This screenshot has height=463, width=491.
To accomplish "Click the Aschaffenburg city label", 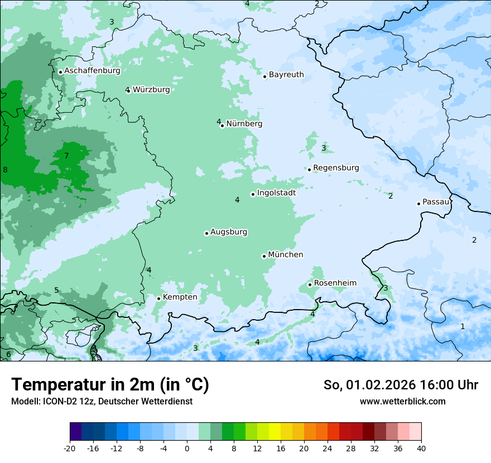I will [92, 71].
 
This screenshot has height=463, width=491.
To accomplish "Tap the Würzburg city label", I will [151, 89].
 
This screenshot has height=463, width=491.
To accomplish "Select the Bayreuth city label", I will [286, 75].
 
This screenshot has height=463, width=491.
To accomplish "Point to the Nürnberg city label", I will [244, 124].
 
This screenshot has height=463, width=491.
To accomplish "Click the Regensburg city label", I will [336, 168].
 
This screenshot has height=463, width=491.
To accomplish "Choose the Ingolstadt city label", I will [276, 193].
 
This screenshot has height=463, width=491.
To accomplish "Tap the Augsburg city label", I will [229, 232].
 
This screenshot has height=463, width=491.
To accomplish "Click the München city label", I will [286, 255].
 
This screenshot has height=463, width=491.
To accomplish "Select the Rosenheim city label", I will [335, 283].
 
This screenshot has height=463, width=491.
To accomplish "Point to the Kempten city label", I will [180, 297].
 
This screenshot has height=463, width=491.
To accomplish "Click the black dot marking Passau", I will [418, 204].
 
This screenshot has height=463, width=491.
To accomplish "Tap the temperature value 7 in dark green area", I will [66, 156].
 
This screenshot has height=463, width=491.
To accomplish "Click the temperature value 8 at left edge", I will [5, 170].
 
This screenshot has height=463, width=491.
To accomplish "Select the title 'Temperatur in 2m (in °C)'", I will [110, 385].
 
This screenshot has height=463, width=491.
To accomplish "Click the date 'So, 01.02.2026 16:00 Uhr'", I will [401, 385].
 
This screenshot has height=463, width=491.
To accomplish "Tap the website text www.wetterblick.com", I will [402, 402].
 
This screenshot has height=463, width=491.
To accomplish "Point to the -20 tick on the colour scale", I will [70, 448].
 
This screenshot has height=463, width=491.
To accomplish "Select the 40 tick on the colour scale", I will [421, 448].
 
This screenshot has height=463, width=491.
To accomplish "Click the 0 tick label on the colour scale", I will [187, 448].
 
